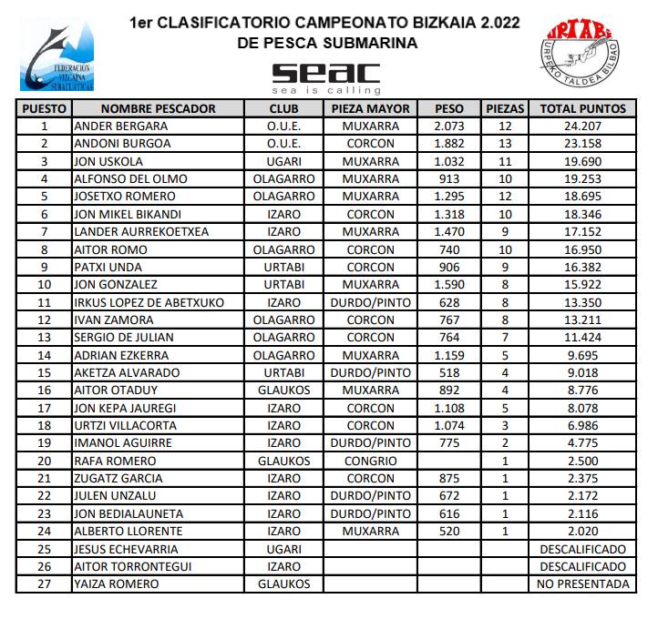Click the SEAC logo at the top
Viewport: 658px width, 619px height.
pyautogui.click(x=326, y=76)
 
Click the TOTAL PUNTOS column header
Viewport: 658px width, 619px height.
pyautogui.click(x=582, y=108)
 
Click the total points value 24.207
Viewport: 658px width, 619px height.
pyautogui.click(x=582, y=126)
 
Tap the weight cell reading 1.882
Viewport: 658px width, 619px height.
pyautogui.click(x=450, y=144)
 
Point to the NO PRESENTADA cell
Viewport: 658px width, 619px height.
pyautogui.click(x=582, y=583)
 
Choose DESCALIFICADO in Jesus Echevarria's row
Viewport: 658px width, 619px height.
pyautogui.click(x=582, y=549)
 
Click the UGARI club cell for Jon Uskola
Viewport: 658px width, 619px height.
pyautogui.click(x=284, y=161)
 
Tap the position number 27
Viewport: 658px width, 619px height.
pyautogui.click(x=44, y=583)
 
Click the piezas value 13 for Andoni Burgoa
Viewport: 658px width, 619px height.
pyautogui.click(x=507, y=144)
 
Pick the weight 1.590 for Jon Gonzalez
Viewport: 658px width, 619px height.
pyautogui.click(x=450, y=284)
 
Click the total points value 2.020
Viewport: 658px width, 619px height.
pyautogui.click(x=582, y=531)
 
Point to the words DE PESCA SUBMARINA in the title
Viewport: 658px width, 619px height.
pyautogui.click(x=326, y=42)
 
